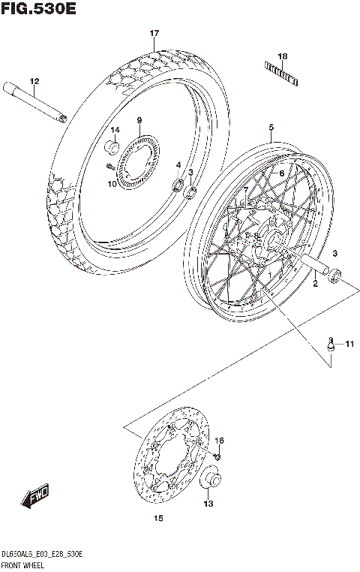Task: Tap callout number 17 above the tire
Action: [x=154, y=34]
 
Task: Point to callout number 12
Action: [x=34, y=81]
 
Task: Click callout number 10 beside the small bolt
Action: [x=112, y=184]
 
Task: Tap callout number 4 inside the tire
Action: [x=178, y=164]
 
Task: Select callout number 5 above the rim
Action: [x=271, y=128]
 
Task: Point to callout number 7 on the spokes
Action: [x=246, y=188]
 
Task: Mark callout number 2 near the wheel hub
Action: [x=316, y=284]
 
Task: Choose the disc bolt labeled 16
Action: [x=218, y=453]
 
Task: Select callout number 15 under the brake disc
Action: [x=158, y=518]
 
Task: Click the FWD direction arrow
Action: [x=36, y=496]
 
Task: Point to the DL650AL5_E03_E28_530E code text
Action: [x=42, y=553]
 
